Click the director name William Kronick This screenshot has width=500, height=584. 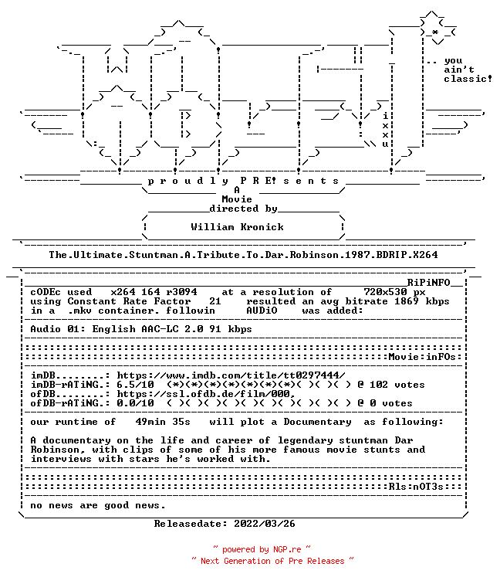click(238, 227)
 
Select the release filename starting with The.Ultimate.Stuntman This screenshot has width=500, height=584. click(243, 255)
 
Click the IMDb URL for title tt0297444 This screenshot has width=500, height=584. click(231, 375)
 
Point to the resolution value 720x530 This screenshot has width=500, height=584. click(385, 292)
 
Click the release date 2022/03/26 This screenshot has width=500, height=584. click(265, 524)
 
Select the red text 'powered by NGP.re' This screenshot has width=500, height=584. click(262, 550)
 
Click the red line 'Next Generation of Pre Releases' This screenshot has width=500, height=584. click(272, 561)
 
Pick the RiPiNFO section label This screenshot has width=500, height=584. click(428, 282)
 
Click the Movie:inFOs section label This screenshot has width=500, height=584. click(422, 357)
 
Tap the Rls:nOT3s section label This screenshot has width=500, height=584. click(416, 487)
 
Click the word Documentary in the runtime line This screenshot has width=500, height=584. click(317, 422)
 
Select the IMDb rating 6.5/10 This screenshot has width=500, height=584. click(136, 385)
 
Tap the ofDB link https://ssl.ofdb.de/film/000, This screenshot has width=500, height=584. click(206, 394)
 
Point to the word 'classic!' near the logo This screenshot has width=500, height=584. click(468, 79)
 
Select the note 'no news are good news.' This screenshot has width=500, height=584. click(97, 505)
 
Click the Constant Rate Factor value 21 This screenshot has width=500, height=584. click(215, 301)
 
